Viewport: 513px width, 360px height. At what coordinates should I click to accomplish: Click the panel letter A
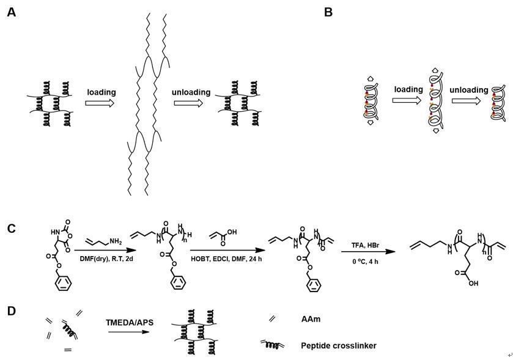tap(11, 12)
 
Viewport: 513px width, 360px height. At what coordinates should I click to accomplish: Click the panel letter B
tap(328, 12)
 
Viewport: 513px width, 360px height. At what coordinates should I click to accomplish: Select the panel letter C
tap(11, 229)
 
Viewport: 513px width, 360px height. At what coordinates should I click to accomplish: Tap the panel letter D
tap(11, 310)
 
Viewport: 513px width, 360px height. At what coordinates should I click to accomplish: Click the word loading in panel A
tap(101, 92)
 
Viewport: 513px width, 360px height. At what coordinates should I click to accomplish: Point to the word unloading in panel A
tap(191, 92)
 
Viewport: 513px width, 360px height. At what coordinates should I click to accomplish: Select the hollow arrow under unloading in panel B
tap(469, 100)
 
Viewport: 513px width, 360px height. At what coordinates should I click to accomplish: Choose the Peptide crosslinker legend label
tap(338, 346)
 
